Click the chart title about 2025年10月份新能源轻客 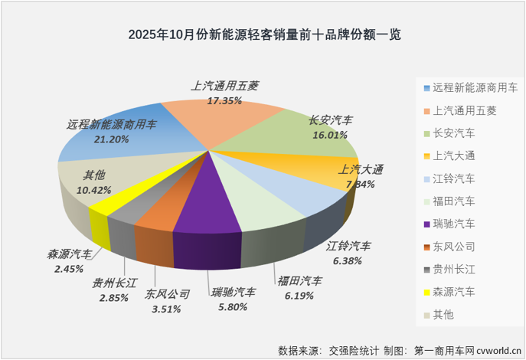pos(263,34)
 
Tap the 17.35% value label pos(224,100)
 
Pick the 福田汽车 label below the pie pos(299,281)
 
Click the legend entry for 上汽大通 pos(454,156)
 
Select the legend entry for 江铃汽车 pos(454,179)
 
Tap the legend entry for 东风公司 pos(454,247)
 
